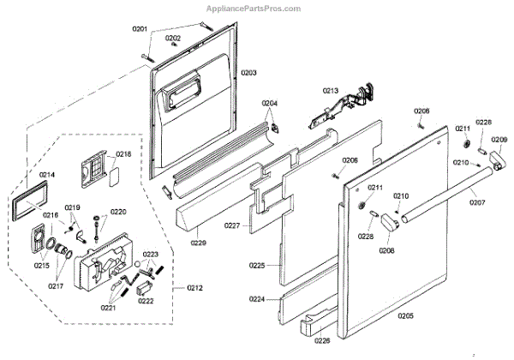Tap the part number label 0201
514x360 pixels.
pos(140,30)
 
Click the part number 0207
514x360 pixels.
pos(477,201)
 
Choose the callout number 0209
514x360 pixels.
pos(499,140)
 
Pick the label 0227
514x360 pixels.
pos(231,226)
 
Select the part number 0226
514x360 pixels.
pos(321,340)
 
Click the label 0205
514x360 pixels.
pos(404,316)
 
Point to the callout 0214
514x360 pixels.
pos(46,175)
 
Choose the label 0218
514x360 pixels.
pos(123,154)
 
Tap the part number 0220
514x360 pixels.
pos(118,211)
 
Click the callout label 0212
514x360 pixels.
pos(194,287)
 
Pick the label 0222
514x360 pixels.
pos(146,301)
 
